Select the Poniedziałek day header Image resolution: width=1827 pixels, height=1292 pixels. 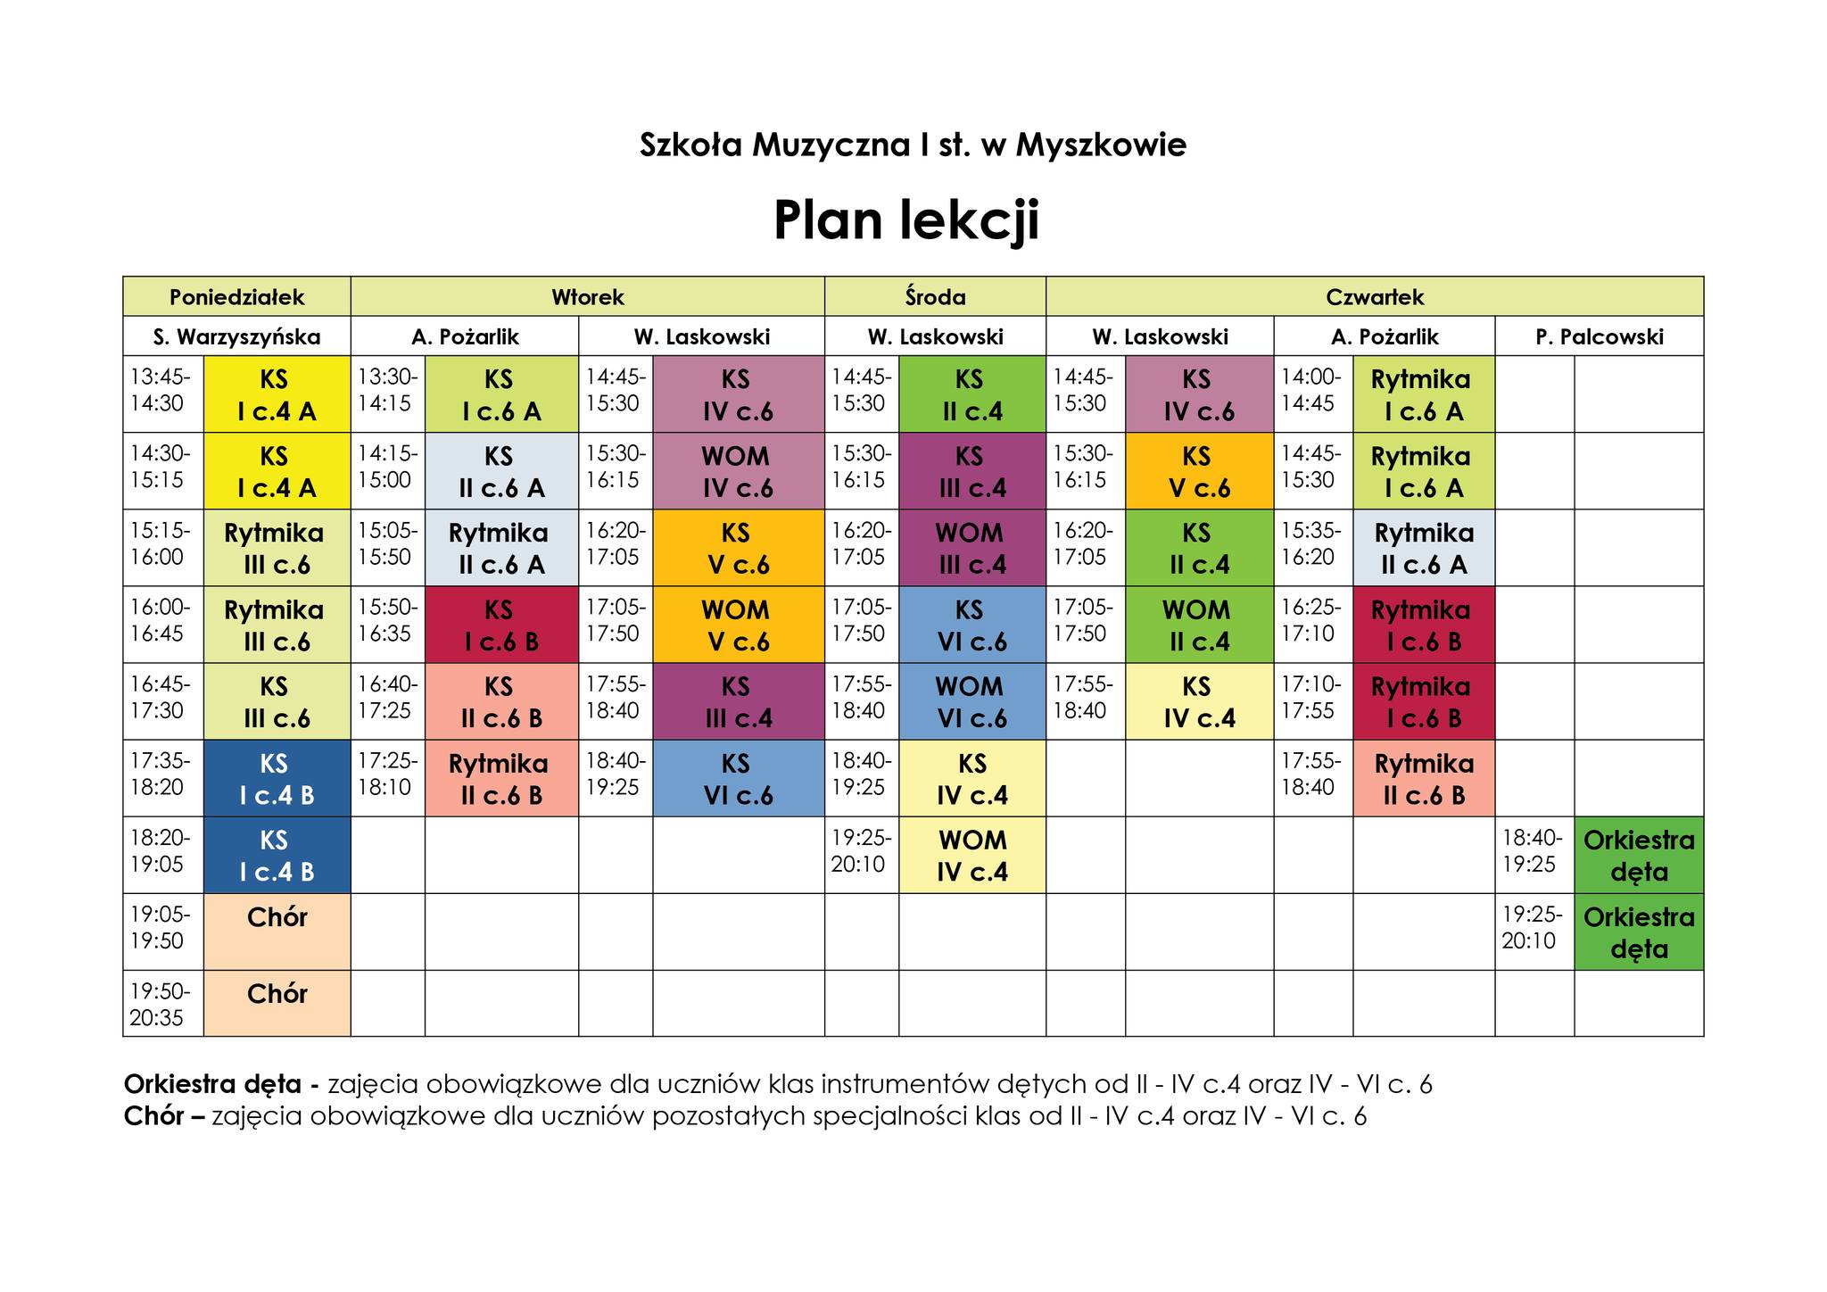(236, 296)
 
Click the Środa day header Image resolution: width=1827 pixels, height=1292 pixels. (935, 296)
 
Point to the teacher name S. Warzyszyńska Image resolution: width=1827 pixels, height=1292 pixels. (236, 336)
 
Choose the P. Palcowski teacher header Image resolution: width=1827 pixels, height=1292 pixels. (1599, 336)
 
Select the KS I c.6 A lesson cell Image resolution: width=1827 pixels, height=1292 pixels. (501, 395)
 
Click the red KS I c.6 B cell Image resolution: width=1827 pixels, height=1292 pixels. (501, 625)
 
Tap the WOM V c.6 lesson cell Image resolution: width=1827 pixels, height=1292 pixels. (738, 625)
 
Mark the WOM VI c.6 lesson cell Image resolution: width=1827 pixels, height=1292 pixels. (971, 702)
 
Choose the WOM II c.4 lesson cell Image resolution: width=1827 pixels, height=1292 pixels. (1199, 625)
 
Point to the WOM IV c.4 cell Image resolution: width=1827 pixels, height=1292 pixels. (971, 856)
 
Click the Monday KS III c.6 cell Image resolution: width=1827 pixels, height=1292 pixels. (277, 702)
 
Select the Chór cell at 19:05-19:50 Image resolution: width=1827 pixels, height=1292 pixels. (277, 931)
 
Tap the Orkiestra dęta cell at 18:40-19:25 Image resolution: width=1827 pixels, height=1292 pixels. (1639, 856)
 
